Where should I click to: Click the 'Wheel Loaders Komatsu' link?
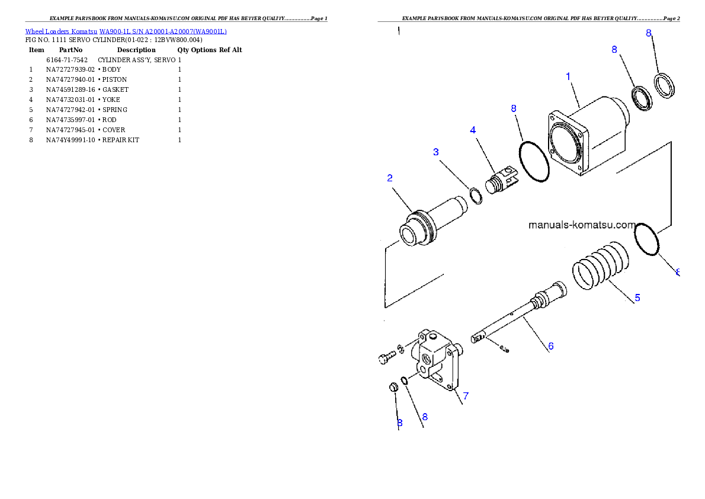pos(61,31)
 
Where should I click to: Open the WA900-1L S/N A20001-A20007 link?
pos(163,31)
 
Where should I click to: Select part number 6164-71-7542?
pos(67,60)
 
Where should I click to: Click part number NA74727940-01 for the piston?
pos(70,79)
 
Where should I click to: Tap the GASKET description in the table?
pos(115,89)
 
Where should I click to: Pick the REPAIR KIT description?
pos(120,140)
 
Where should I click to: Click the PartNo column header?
pos(70,50)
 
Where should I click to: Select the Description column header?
pos(136,50)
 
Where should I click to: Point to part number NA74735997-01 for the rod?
pos(70,120)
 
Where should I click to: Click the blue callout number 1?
pos(568,76)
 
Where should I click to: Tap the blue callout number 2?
pos(390,178)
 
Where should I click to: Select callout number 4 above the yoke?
pos(473,130)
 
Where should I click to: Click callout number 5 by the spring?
pos(637,298)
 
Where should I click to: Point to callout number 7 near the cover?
pos(466,396)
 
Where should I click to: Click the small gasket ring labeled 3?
pos(476,196)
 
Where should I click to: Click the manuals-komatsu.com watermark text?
pos(582,225)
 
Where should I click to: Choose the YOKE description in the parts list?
pos(111,100)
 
